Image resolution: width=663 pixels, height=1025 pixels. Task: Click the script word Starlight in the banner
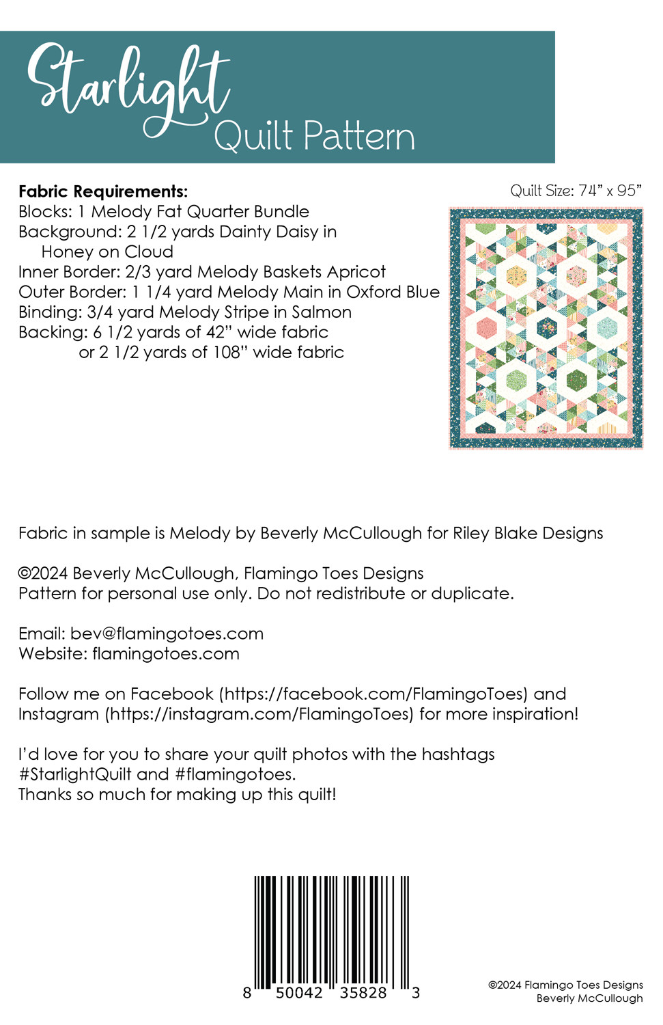pyautogui.click(x=128, y=85)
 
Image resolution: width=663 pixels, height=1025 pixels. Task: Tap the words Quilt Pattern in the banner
pyautogui.click(x=314, y=136)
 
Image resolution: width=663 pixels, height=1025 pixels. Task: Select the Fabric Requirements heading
pyautogui.click(x=103, y=191)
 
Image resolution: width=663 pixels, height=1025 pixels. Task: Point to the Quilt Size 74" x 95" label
pyautogui.click(x=576, y=191)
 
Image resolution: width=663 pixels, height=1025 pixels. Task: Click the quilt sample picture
pyautogui.click(x=546, y=329)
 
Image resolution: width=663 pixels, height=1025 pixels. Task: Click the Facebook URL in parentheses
pyautogui.click(x=374, y=694)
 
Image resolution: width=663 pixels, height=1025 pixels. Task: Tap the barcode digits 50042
pyautogui.click(x=299, y=993)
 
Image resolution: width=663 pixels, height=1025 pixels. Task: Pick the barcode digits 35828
pyautogui.click(x=363, y=993)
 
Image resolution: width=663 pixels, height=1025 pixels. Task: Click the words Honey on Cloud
pyautogui.click(x=107, y=252)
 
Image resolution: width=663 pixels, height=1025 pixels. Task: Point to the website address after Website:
pyautogui.click(x=166, y=654)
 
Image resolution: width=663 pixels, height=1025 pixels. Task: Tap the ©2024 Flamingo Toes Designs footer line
pyautogui.click(x=565, y=985)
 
